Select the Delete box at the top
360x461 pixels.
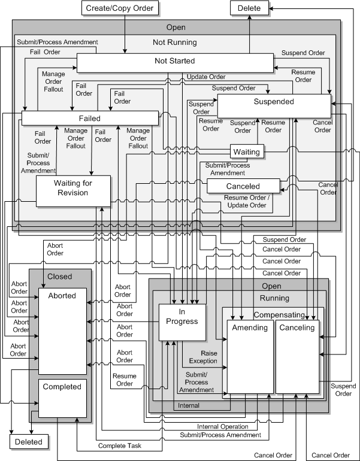[249, 8]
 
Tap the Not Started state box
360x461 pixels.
[174, 62]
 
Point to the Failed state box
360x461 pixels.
[89, 118]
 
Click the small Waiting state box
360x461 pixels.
[247, 151]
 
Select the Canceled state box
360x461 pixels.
[243, 186]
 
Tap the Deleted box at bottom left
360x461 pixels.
[28, 442]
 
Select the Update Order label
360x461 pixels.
[205, 77]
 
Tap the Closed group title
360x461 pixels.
[59, 277]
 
